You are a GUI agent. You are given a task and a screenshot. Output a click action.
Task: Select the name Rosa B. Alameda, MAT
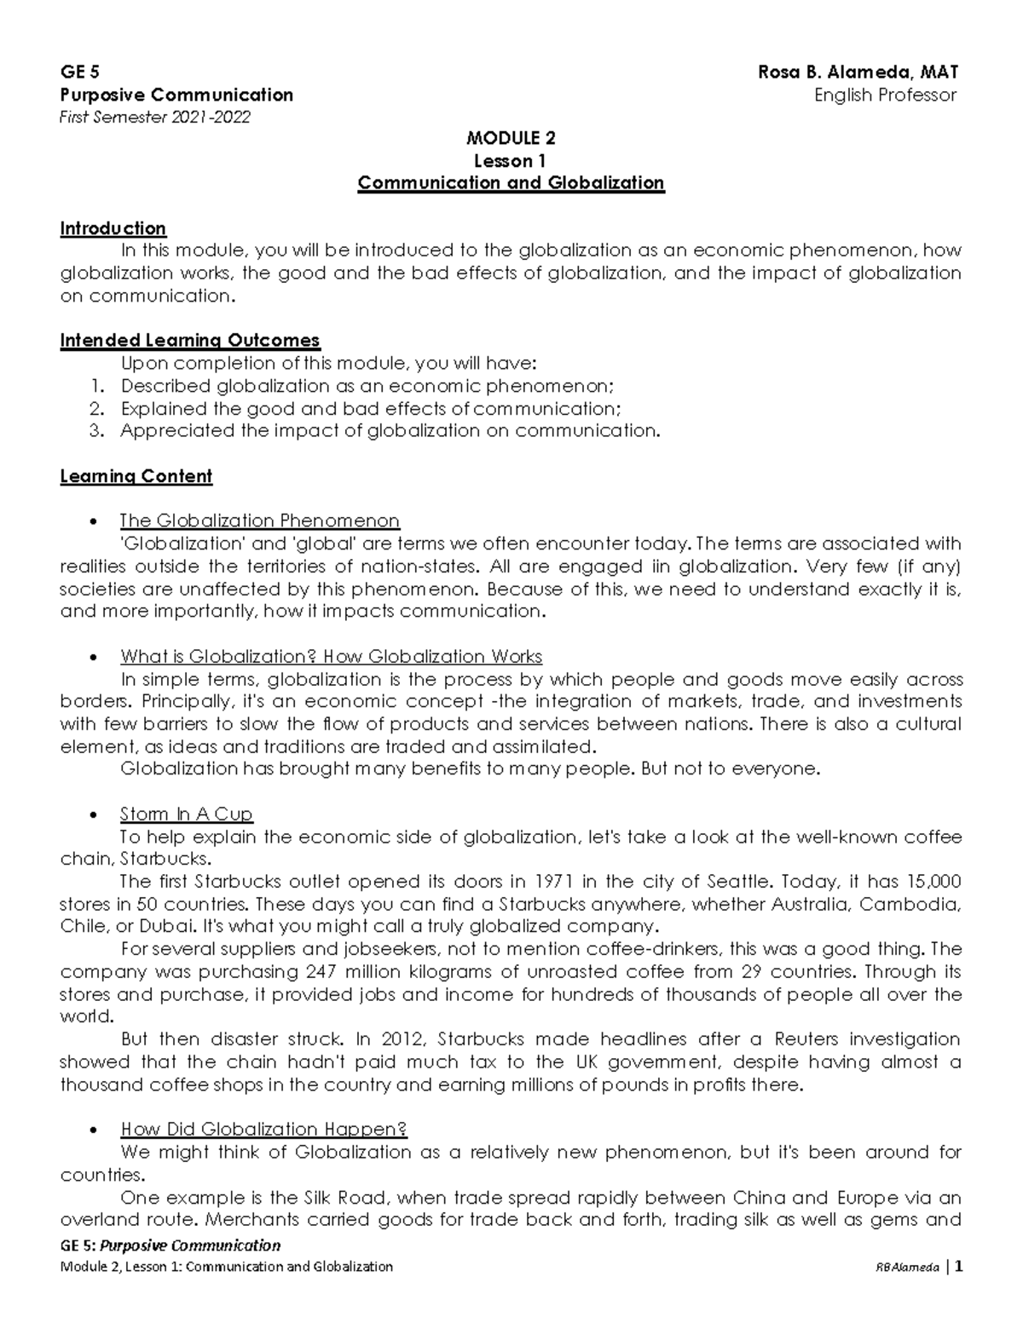click(x=858, y=72)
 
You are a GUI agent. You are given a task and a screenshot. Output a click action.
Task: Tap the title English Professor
click(x=885, y=95)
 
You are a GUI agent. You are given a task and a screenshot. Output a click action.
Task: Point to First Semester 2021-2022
click(x=155, y=117)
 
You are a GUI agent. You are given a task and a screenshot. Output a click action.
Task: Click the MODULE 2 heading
click(x=511, y=138)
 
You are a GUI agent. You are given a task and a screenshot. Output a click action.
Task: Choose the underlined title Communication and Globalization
click(x=511, y=183)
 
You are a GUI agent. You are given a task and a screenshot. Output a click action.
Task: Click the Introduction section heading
click(x=113, y=228)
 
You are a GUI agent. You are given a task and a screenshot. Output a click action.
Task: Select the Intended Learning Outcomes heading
click(x=189, y=341)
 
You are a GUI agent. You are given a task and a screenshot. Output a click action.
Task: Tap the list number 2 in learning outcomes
click(x=95, y=408)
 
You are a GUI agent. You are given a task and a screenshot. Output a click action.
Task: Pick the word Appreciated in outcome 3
click(x=178, y=430)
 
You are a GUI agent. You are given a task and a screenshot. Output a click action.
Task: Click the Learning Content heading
click(x=136, y=476)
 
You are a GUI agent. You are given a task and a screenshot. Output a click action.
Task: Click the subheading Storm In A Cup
click(x=187, y=814)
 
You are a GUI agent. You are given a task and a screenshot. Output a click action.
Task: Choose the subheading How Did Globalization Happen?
click(x=263, y=1130)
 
